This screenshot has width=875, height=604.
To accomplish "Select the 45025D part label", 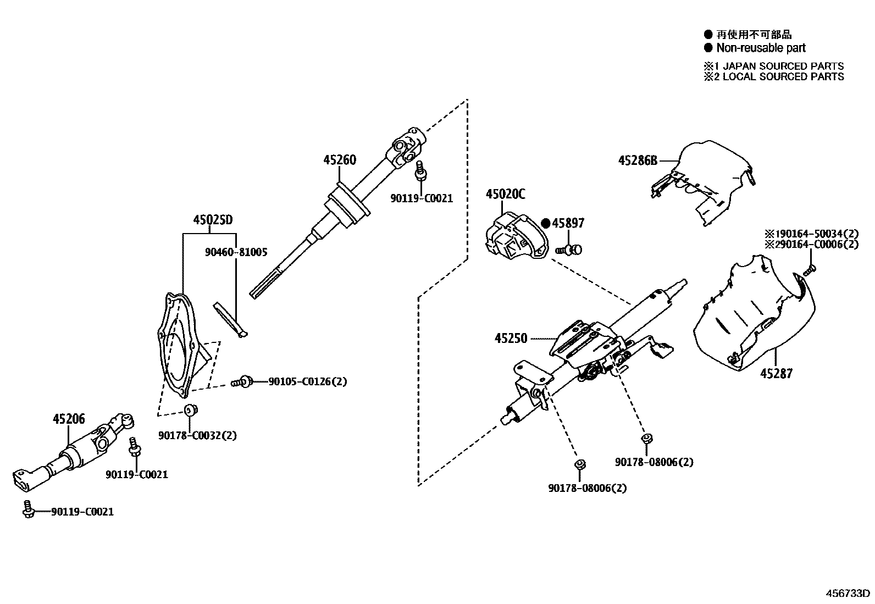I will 213,220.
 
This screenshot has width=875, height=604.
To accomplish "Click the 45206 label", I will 69,419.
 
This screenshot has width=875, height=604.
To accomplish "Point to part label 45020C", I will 505,193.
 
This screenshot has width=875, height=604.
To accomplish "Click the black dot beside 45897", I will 545,223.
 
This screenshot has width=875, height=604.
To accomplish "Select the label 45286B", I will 638,160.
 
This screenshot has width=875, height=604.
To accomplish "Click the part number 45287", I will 777,374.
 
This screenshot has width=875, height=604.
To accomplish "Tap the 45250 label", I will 511,339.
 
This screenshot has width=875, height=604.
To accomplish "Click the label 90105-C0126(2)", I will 308,381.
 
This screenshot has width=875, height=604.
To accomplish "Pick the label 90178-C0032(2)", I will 197,435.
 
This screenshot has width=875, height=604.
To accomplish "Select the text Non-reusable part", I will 761,48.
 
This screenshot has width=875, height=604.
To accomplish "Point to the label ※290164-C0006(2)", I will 811,245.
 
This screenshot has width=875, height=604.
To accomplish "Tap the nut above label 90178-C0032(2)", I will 190,409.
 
